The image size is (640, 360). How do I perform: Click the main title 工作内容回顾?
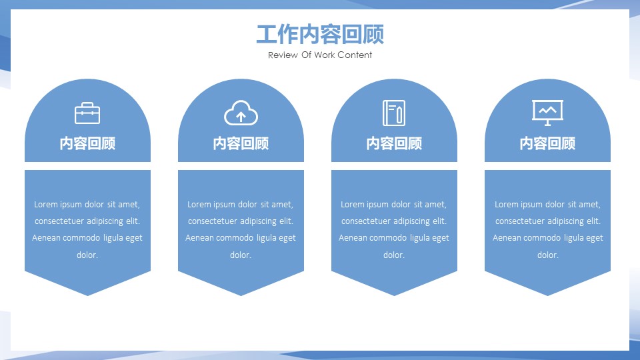[x=320, y=34]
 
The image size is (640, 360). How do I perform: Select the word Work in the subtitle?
[x=324, y=55]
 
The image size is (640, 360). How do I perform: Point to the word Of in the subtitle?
[x=306, y=55]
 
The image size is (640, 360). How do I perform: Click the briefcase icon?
[x=87, y=113]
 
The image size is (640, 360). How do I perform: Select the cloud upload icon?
[x=241, y=113]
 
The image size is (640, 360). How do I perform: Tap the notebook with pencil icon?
[x=394, y=113]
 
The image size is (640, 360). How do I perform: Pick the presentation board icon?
[x=547, y=113]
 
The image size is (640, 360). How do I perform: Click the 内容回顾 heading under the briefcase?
[x=87, y=143]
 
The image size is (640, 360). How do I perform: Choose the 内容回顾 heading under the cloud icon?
[x=241, y=143]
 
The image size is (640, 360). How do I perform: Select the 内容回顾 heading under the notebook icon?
[x=394, y=143]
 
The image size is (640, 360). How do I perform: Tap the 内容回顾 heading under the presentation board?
[x=547, y=143]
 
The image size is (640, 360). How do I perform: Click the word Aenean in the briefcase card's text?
[x=45, y=238]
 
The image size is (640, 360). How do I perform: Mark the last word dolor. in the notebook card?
[x=394, y=255]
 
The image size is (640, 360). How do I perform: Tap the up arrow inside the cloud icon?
[x=241, y=117]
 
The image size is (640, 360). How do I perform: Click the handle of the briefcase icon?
[x=87, y=105]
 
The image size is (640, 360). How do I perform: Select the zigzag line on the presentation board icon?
[x=547, y=110]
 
